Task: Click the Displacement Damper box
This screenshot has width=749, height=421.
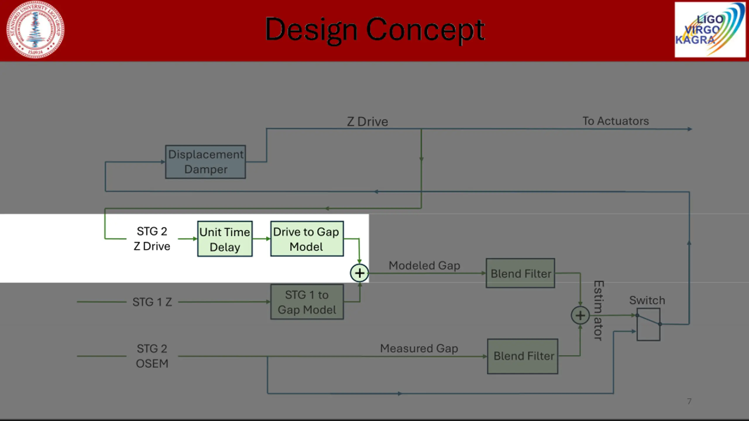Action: [205, 162]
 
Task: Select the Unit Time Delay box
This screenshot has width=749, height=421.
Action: [225, 239]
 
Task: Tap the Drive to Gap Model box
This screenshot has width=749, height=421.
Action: [307, 239]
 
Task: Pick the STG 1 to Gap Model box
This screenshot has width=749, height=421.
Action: [307, 302]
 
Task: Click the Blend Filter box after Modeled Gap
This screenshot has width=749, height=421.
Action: [520, 273]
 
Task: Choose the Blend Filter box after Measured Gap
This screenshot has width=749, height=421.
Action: [523, 356]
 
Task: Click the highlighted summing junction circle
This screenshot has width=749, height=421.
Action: [359, 273]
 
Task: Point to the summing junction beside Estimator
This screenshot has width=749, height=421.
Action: [580, 315]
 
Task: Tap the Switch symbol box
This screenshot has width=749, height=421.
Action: [648, 324]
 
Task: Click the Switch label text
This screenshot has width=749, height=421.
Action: [647, 300]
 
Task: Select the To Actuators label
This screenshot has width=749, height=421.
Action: [616, 121]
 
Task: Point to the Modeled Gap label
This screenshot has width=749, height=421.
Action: [424, 265]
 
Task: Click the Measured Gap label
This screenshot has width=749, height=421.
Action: [419, 348]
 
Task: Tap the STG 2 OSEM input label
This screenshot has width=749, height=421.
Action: [152, 356]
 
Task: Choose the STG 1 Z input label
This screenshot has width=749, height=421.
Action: [152, 302]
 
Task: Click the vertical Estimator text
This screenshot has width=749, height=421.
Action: [599, 310]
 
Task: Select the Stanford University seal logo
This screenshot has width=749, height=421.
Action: [35, 30]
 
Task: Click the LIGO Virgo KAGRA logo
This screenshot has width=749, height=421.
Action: [710, 30]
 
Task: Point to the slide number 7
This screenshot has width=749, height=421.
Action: [689, 401]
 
